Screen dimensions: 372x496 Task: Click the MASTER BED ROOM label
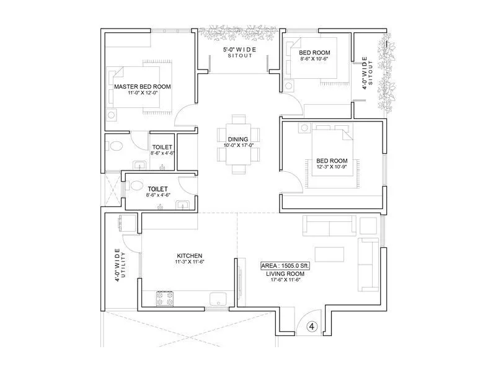(x=142, y=86)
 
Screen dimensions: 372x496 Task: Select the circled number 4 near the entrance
(x=312, y=325)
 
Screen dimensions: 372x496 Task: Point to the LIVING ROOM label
(x=285, y=273)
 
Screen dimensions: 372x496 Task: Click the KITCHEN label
(x=189, y=255)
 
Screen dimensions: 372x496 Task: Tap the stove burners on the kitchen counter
(x=164, y=298)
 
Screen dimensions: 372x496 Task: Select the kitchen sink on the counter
(x=217, y=299)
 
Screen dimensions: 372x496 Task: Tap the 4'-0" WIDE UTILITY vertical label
(x=120, y=266)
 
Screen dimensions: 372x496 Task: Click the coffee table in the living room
(x=330, y=254)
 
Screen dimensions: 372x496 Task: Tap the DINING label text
(x=238, y=139)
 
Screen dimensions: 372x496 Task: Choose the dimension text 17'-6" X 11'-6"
(x=285, y=280)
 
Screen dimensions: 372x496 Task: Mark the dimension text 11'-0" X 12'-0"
(x=142, y=93)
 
